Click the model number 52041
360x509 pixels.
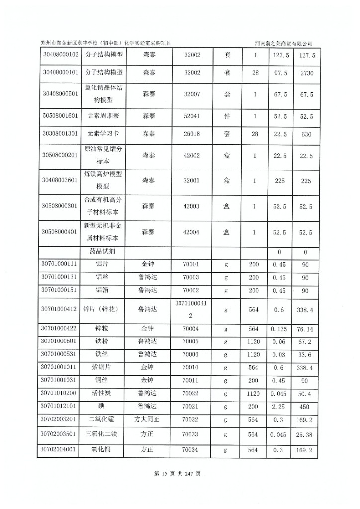pos(192,116)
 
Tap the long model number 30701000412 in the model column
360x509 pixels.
pos(192,309)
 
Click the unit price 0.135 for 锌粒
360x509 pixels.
pos(279,329)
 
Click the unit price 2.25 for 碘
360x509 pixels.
pos(279,406)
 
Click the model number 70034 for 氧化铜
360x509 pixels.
pos(192,451)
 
